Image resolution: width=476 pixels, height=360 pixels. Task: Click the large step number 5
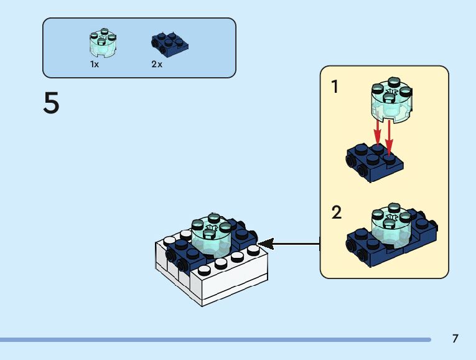(51, 103)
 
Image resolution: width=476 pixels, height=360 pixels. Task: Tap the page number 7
(455, 339)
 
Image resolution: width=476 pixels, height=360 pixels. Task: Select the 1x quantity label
(95, 64)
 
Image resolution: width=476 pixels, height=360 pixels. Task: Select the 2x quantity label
(157, 64)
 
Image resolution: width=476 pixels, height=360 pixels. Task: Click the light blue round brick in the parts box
(103, 43)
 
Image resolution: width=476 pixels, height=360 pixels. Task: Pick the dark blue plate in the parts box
(170, 43)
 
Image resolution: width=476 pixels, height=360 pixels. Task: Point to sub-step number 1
(335, 87)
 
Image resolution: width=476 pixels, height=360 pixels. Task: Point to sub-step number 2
(337, 213)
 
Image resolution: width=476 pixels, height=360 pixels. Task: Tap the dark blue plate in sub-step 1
(374, 163)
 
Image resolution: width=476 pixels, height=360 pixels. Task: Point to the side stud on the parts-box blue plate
(156, 43)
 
